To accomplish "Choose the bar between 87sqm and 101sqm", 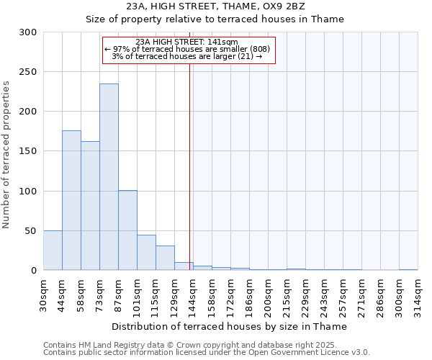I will (127, 230).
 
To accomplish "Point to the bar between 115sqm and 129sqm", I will (165, 258).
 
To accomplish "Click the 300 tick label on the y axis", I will (28, 32).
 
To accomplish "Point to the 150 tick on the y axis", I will (28, 151).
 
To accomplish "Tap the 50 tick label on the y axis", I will (31, 231).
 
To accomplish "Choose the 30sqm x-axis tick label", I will (44, 293).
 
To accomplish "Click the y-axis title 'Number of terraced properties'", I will (6, 155).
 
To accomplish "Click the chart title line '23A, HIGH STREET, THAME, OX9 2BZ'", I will (216, 6).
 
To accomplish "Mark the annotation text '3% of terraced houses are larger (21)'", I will (187, 56).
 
